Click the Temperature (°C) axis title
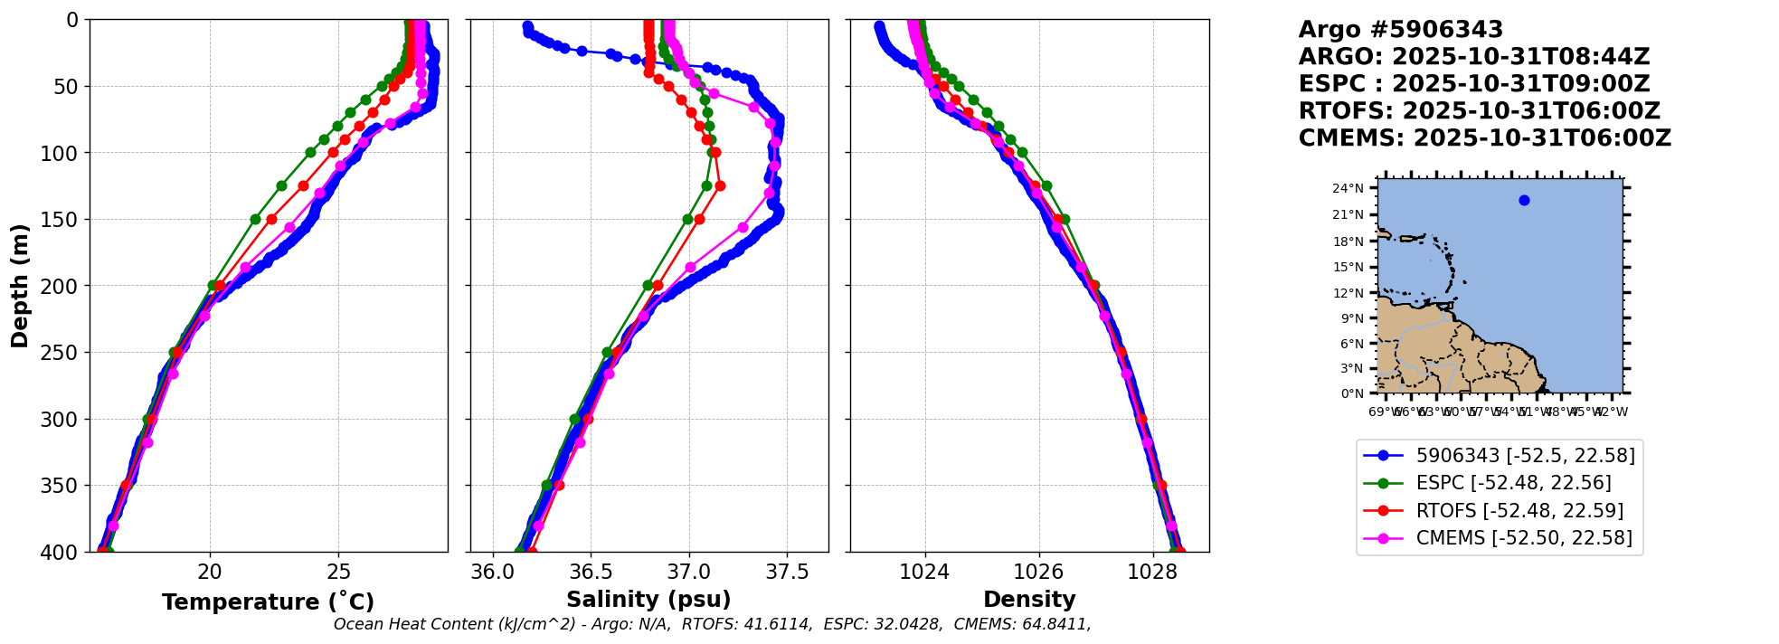point(268,602)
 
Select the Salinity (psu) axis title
point(648,600)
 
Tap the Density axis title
point(1029,600)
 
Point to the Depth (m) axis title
point(20,285)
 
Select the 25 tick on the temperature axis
point(338,572)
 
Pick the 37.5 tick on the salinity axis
point(786,572)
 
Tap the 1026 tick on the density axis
point(1039,572)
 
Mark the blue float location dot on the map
point(1524,201)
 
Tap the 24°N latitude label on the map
point(1348,189)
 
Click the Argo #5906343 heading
point(1400,30)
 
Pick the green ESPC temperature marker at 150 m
point(255,219)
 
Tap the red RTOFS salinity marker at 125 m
point(720,185)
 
